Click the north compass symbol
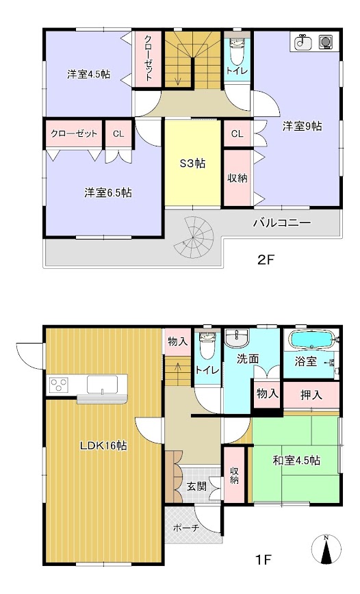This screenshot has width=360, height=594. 326,550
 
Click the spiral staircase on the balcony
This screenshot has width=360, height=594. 194,236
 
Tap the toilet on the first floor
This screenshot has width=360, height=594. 206,345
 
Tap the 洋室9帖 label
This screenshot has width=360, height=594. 303,126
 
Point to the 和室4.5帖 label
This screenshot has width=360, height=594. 296,461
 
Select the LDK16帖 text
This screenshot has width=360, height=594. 103,445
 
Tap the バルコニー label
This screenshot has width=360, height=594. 282,222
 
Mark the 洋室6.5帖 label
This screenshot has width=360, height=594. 108,193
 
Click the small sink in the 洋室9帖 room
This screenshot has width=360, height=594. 302,42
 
